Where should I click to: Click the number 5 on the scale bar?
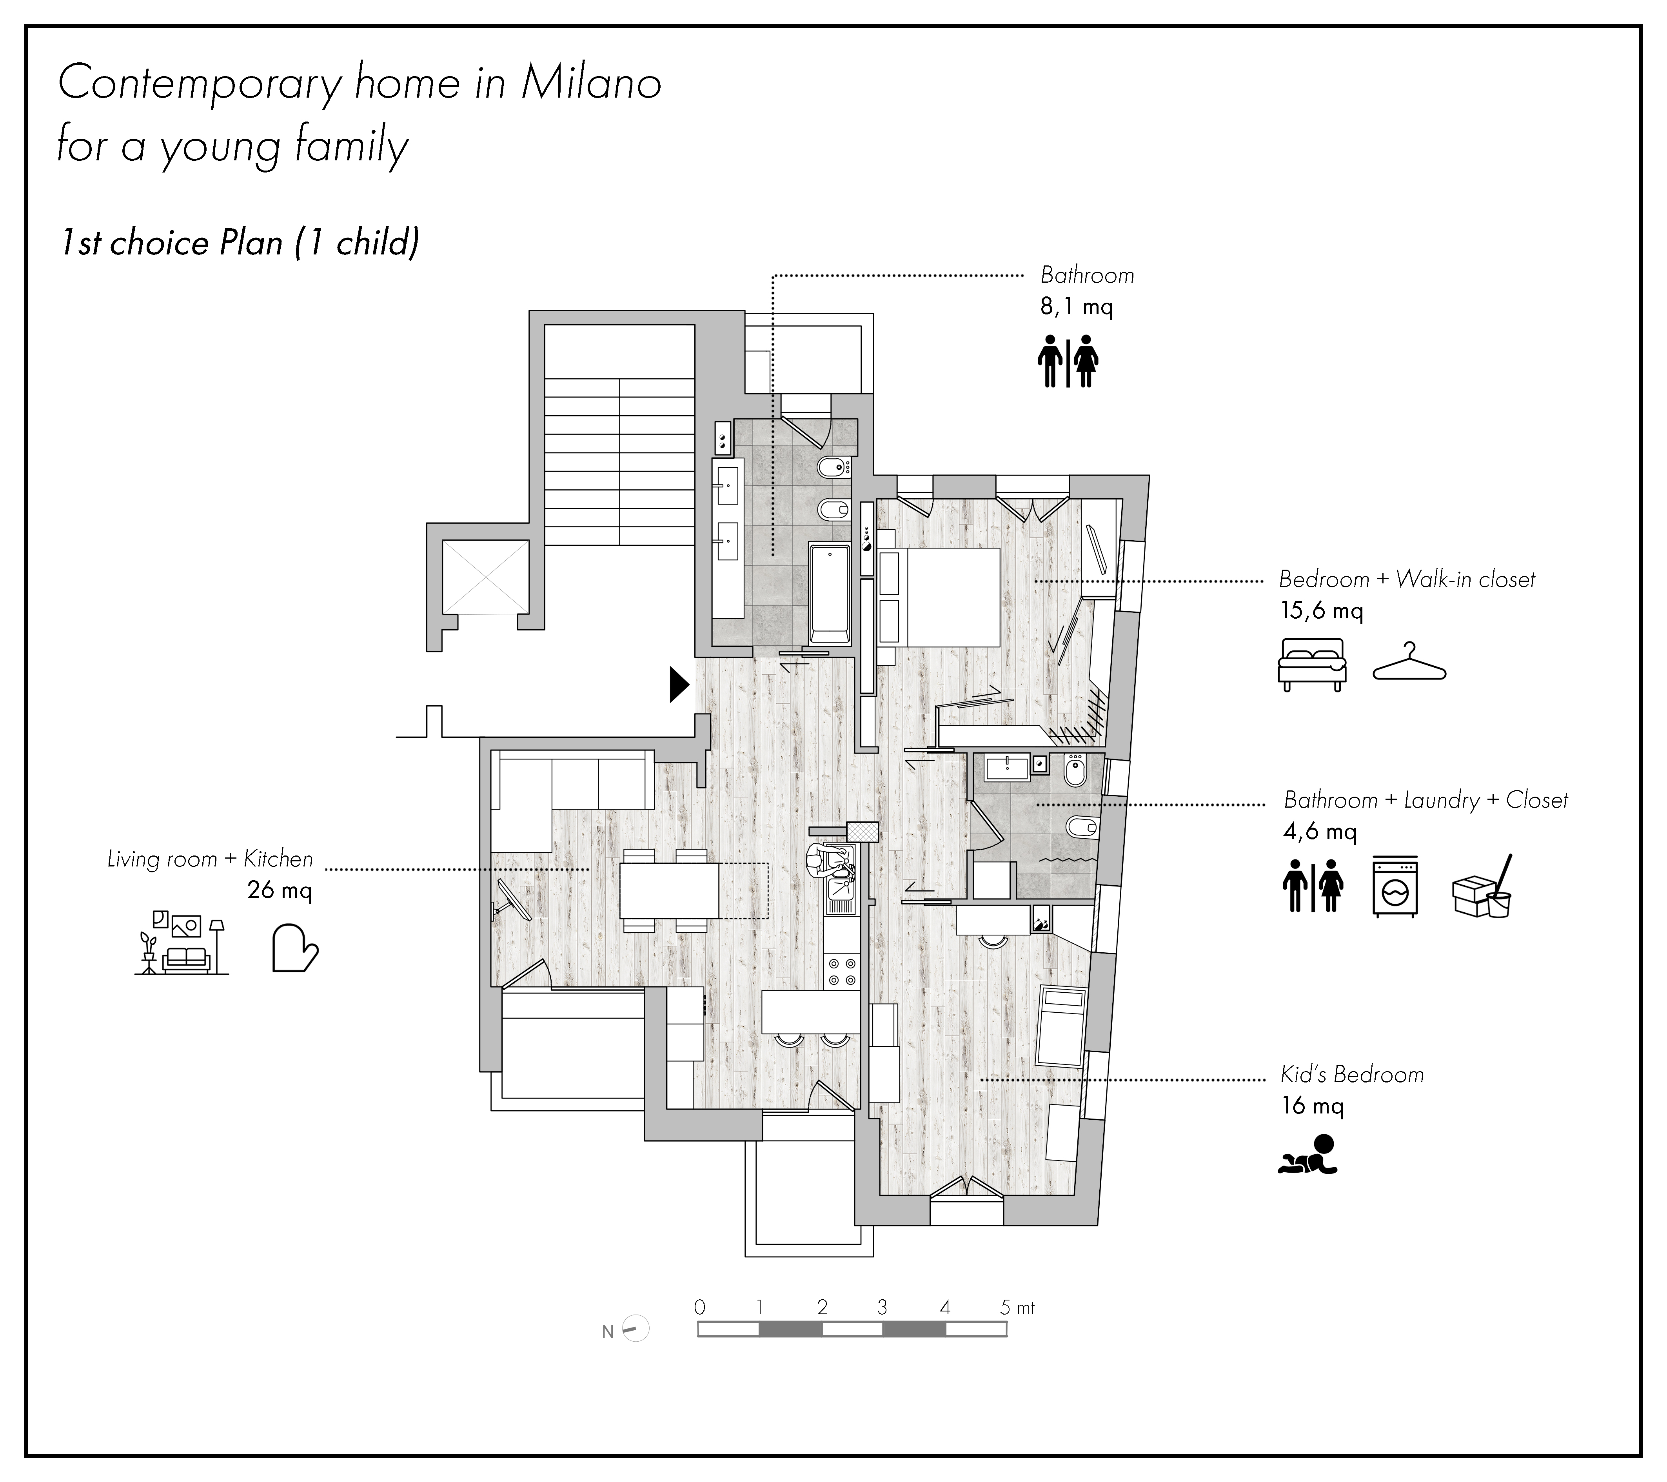click(x=1006, y=1308)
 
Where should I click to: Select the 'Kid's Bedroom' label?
click(x=1351, y=1075)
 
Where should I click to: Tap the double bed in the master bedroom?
click(x=938, y=597)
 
